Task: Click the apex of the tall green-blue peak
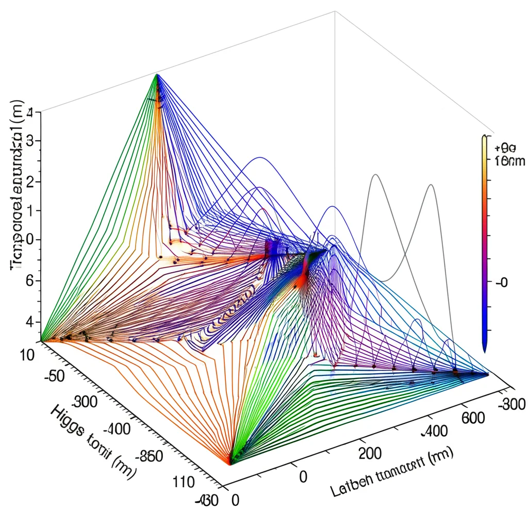click(157, 75)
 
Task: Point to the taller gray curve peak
click(375, 175)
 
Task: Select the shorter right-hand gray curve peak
click(431, 185)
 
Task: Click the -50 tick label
click(54, 375)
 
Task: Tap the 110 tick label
click(184, 482)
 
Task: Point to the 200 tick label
click(369, 454)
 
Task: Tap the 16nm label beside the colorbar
click(509, 161)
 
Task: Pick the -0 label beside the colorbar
click(501, 282)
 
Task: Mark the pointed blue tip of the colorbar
click(485, 351)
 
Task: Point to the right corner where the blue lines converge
click(487, 374)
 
